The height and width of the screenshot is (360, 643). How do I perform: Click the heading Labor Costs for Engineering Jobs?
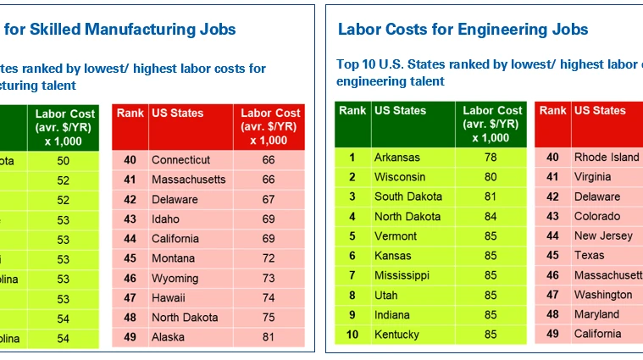pos(463,30)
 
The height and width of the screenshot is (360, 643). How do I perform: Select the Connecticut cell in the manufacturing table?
pos(180,160)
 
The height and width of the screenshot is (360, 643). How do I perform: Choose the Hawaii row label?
pos(169,298)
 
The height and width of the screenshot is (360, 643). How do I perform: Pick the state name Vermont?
pos(395,236)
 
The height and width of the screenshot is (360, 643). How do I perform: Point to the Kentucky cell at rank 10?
pos(397,335)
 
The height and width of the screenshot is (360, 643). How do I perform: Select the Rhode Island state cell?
pos(607,158)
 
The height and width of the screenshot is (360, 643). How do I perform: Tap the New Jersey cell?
pos(603,235)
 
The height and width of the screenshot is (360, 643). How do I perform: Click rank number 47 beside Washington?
pos(552,295)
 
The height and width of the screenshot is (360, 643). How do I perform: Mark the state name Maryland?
pos(596,314)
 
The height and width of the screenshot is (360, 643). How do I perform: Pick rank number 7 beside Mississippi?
pos(352,275)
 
